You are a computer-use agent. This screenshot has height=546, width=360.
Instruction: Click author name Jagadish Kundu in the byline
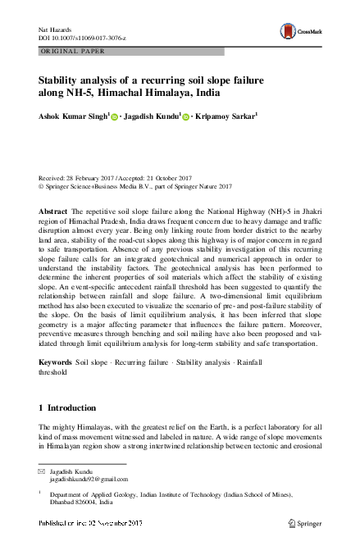150,117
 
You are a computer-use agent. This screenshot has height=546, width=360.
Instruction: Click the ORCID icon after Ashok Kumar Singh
114,118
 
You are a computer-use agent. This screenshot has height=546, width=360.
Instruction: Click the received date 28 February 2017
92,176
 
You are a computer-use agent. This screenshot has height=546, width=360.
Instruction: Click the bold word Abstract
54,212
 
